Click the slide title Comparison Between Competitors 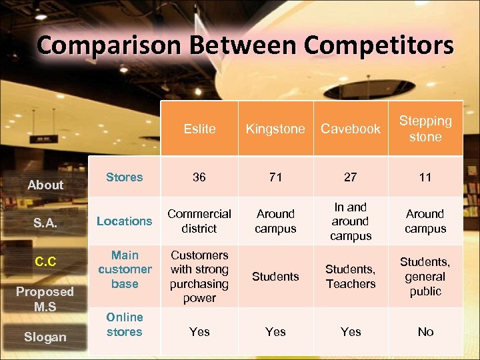coord(245,45)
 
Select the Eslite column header coord(199,129)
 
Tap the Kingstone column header coord(275,129)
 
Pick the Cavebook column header coord(351,129)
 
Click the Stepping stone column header coord(425,129)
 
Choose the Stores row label coord(125,177)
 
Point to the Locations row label coord(125,221)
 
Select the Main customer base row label coord(125,269)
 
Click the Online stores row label coord(125,325)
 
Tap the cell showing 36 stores coord(199,177)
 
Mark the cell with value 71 coord(275,177)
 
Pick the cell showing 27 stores coord(351,177)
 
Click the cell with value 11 coord(425,177)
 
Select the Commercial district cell coord(199,221)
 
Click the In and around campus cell coord(351,221)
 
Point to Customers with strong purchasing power coord(199,276)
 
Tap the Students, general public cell coord(425,276)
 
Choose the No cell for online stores coord(425,331)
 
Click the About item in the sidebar coord(45,185)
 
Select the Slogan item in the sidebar coord(45,337)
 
